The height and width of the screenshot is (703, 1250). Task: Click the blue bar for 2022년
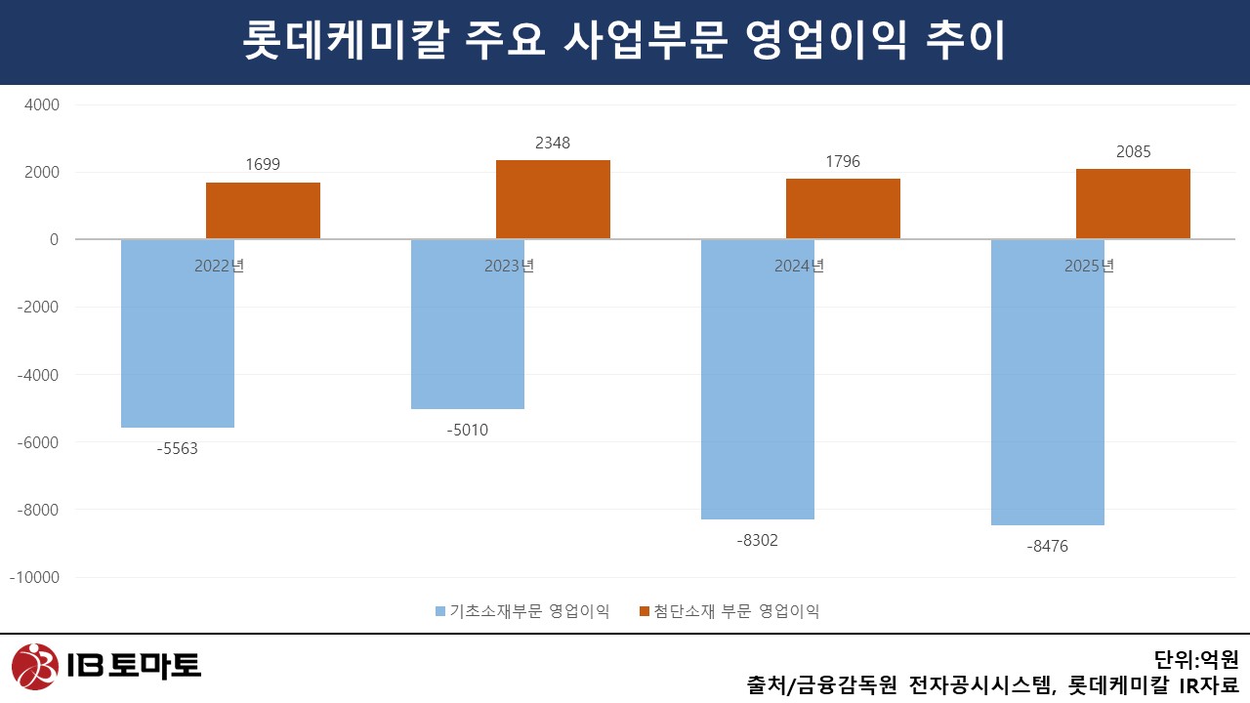178,333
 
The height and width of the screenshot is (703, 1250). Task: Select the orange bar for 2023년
553,199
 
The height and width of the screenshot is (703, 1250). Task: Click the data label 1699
263,164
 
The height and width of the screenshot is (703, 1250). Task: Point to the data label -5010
468,430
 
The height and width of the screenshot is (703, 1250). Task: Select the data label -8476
1048,547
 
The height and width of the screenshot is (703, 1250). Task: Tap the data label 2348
553,144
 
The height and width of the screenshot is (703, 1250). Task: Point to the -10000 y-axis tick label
34,577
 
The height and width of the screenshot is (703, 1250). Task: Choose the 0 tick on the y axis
54,240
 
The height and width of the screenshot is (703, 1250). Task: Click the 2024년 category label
799,266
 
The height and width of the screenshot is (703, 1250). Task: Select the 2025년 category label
1089,266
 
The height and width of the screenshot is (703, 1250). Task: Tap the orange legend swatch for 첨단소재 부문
645,612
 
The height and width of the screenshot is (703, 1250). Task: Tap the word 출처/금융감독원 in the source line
821,684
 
